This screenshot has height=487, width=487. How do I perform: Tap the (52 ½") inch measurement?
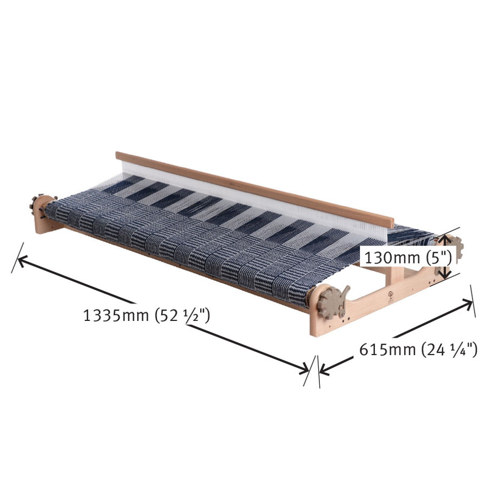point(182,315)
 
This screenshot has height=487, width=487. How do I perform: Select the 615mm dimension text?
point(388,350)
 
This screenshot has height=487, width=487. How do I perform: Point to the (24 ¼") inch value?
point(449,350)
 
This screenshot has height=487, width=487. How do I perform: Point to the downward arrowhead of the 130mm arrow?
point(444,275)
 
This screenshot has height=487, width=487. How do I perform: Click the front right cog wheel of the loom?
point(330,304)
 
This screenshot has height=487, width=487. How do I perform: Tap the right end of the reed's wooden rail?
point(391,222)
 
